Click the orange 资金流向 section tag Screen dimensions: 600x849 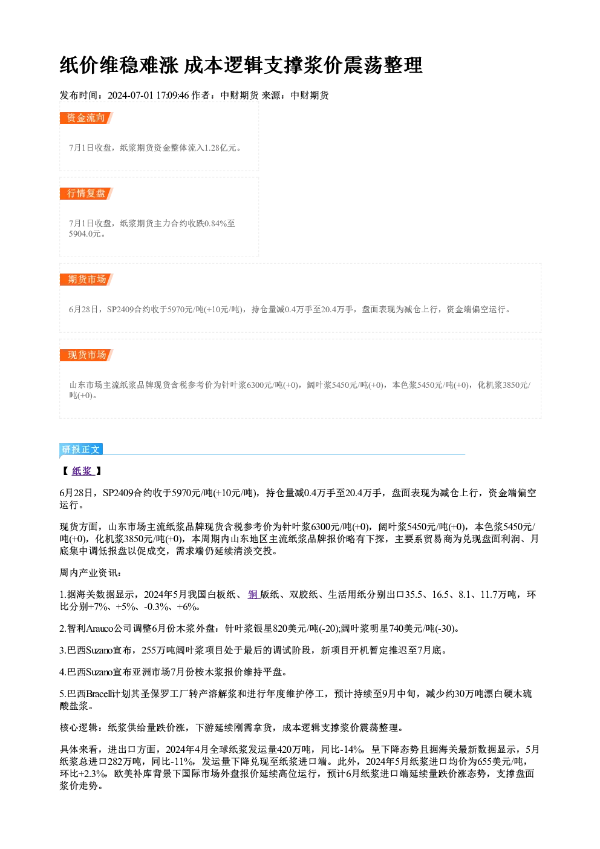tap(86, 118)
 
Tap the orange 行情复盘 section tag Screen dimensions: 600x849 tap(86, 193)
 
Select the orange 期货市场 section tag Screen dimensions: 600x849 tap(86, 280)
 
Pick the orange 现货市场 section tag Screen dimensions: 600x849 tap(86, 355)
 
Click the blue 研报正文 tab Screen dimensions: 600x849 tap(81, 450)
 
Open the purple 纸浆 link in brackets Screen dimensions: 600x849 tap(82, 471)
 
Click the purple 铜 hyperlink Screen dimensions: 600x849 tap(253, 595)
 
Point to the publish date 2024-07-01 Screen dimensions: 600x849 tap(131, 96)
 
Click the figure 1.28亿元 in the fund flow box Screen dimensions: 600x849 tap(220, 148)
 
